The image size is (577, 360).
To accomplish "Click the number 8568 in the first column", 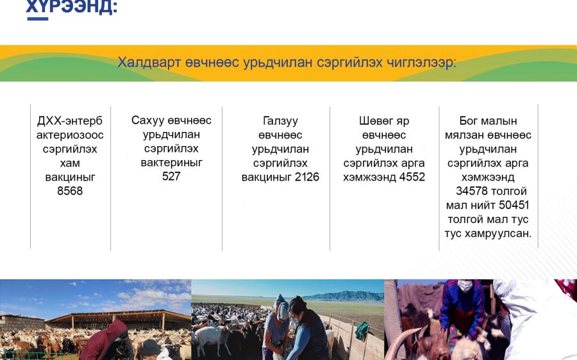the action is click(70, 191).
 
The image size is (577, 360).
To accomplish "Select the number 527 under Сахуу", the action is click(171, 176).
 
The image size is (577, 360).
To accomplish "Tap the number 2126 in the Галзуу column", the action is click(307, 177).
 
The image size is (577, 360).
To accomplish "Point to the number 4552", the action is click(412, 177).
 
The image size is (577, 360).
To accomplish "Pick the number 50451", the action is click(514, 205).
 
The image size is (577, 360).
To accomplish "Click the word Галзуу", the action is click(280, 120).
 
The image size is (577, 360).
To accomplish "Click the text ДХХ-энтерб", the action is click(70, 120).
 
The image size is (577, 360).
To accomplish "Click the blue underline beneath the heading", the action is click(38, 19).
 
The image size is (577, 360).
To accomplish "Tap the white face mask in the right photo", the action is click(465, 286).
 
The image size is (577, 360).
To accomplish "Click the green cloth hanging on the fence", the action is click(362, 331).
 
